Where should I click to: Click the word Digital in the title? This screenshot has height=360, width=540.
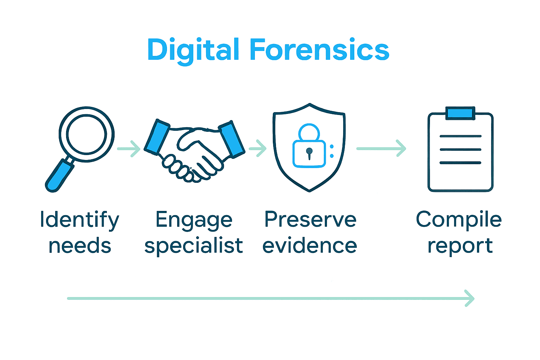[x=193, y=50]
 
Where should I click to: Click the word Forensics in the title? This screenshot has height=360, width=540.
[x=319, y=50]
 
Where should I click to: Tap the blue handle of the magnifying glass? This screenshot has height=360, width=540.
[x=59, y=176]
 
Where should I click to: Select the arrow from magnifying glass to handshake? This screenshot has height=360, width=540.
[x=129, y=149]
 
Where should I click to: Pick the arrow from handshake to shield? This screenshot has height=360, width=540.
[x=258, y=148]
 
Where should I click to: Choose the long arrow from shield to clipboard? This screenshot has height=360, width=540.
[x=381, y=148]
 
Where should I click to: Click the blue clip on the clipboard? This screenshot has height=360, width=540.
[x=460, y=113]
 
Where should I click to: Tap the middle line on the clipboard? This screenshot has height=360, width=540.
[x=460, y=149]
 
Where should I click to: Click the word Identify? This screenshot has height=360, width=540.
[x=80, y=220]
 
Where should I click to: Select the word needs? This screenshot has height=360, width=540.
[x=80, y=246]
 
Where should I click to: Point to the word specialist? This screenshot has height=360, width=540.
[x=194, y=246]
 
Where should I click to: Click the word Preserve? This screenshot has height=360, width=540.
[x=310, y=220]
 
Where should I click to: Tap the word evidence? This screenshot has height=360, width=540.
[x=310, y=246]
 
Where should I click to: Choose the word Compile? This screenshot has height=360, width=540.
[x=459, y=220]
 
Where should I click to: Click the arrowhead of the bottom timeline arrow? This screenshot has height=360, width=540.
[x=470, y=298]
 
